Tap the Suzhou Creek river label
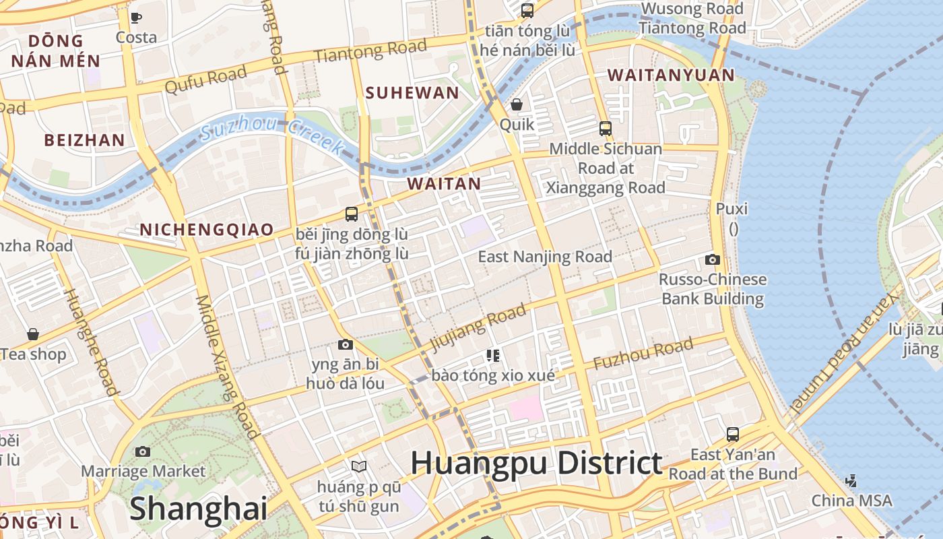tap(273, 133)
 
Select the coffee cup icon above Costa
tap(136, 18)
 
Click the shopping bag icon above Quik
tap(517, 104)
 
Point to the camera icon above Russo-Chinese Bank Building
tap(712, 259)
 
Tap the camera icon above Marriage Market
tap(143, 451)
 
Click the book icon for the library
tap(359, 466)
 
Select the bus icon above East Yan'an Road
tap(733, 435)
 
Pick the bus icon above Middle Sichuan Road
tap(606, 128)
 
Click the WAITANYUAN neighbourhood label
tap(671, 75)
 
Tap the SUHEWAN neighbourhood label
tap(412, 93)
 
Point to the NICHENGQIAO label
tap(206, 230)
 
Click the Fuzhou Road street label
tap(643, 354)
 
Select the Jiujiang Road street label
tap(478, 327)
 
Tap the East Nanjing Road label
tap(545, 257)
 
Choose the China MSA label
tap(851, 501)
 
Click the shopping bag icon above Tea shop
tap(32, 334)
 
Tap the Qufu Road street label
tap(205, 82)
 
